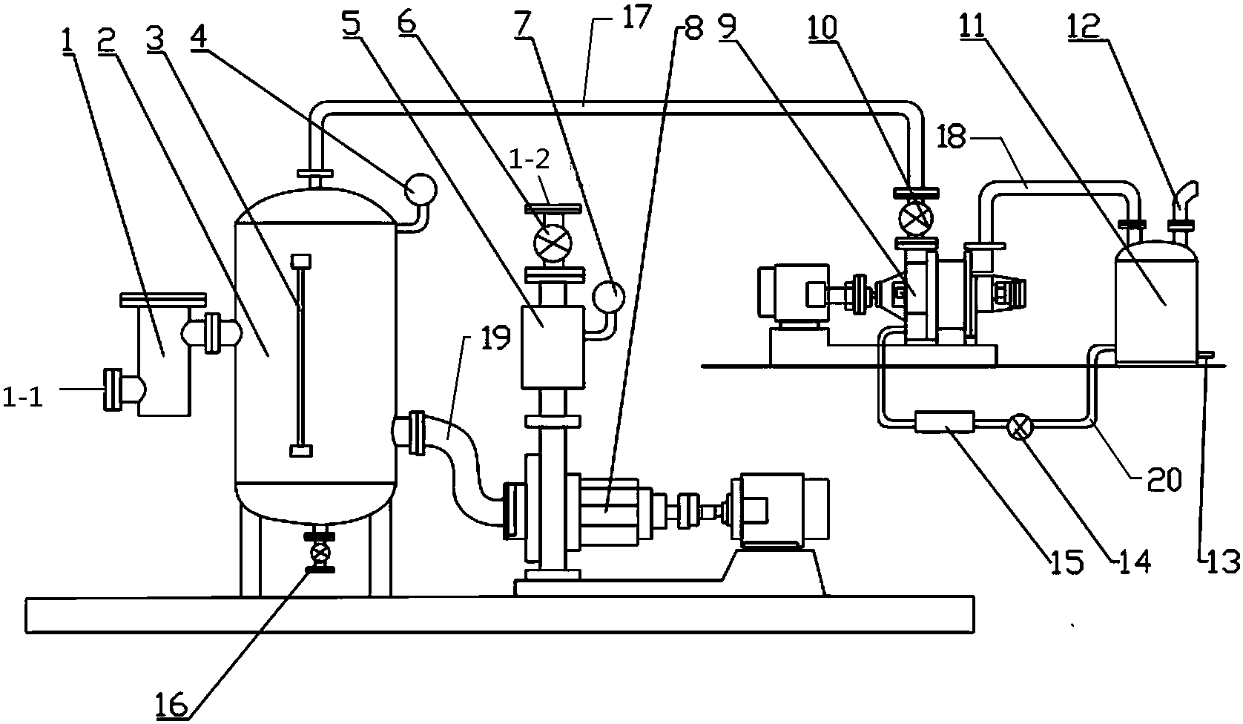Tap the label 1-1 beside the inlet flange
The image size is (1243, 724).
pyautogui.click(x=23, y=398)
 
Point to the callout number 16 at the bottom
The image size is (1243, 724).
pyautogui.click(x=172, y=705)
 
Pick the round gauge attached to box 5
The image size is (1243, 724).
pyautogui.click(x=609, y=296)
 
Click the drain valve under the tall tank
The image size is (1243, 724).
pyautogui.click(x=320, y=553)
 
